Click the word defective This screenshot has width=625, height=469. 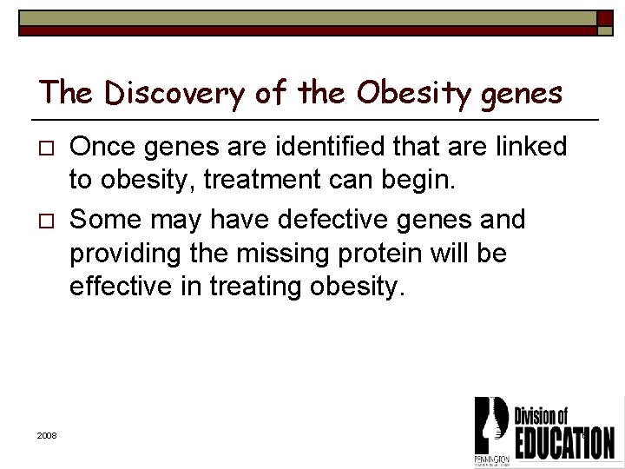(313, 220)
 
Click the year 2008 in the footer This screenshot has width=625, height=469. (47, 435)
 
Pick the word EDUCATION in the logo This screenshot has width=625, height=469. (564, 440)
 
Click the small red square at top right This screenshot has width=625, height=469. (605, 18)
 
